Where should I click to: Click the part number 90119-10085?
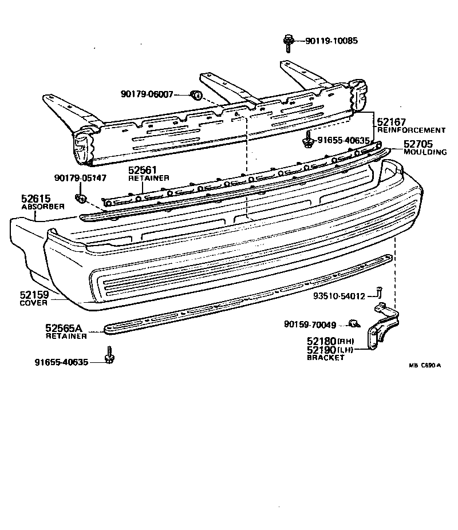[331, 41]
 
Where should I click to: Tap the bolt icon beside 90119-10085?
[287, 41]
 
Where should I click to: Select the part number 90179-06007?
[147, 94]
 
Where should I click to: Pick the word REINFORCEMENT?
[411, 130]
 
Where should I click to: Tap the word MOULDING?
[425, 153]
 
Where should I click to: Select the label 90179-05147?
[80, 178]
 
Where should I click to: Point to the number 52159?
[35, 295]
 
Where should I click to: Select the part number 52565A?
[64, 328]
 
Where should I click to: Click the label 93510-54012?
[339, 296]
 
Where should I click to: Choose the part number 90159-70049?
[310, 325]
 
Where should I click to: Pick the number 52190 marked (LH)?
[321, 350]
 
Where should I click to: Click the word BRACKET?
[326, 358]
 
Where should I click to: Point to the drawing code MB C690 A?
[425, 365]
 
